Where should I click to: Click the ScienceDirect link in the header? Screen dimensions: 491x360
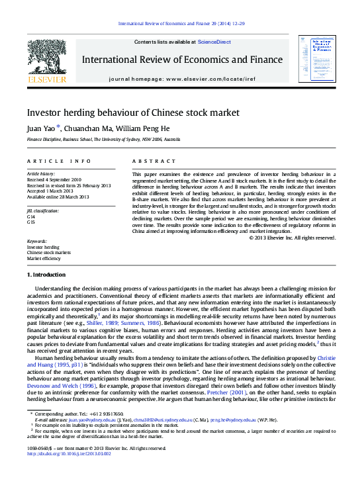pyautogui.click(x=214, y=42)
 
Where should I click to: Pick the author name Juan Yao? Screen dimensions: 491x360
pyautogui.click(x=41, y=128)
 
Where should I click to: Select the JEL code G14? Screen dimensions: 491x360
pyautogui.click(x=31, y=216)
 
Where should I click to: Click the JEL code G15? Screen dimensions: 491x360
pyautogui.click(x=31, y=222)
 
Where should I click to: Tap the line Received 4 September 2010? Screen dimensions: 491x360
pyautogui.click(x=54, y=179)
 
